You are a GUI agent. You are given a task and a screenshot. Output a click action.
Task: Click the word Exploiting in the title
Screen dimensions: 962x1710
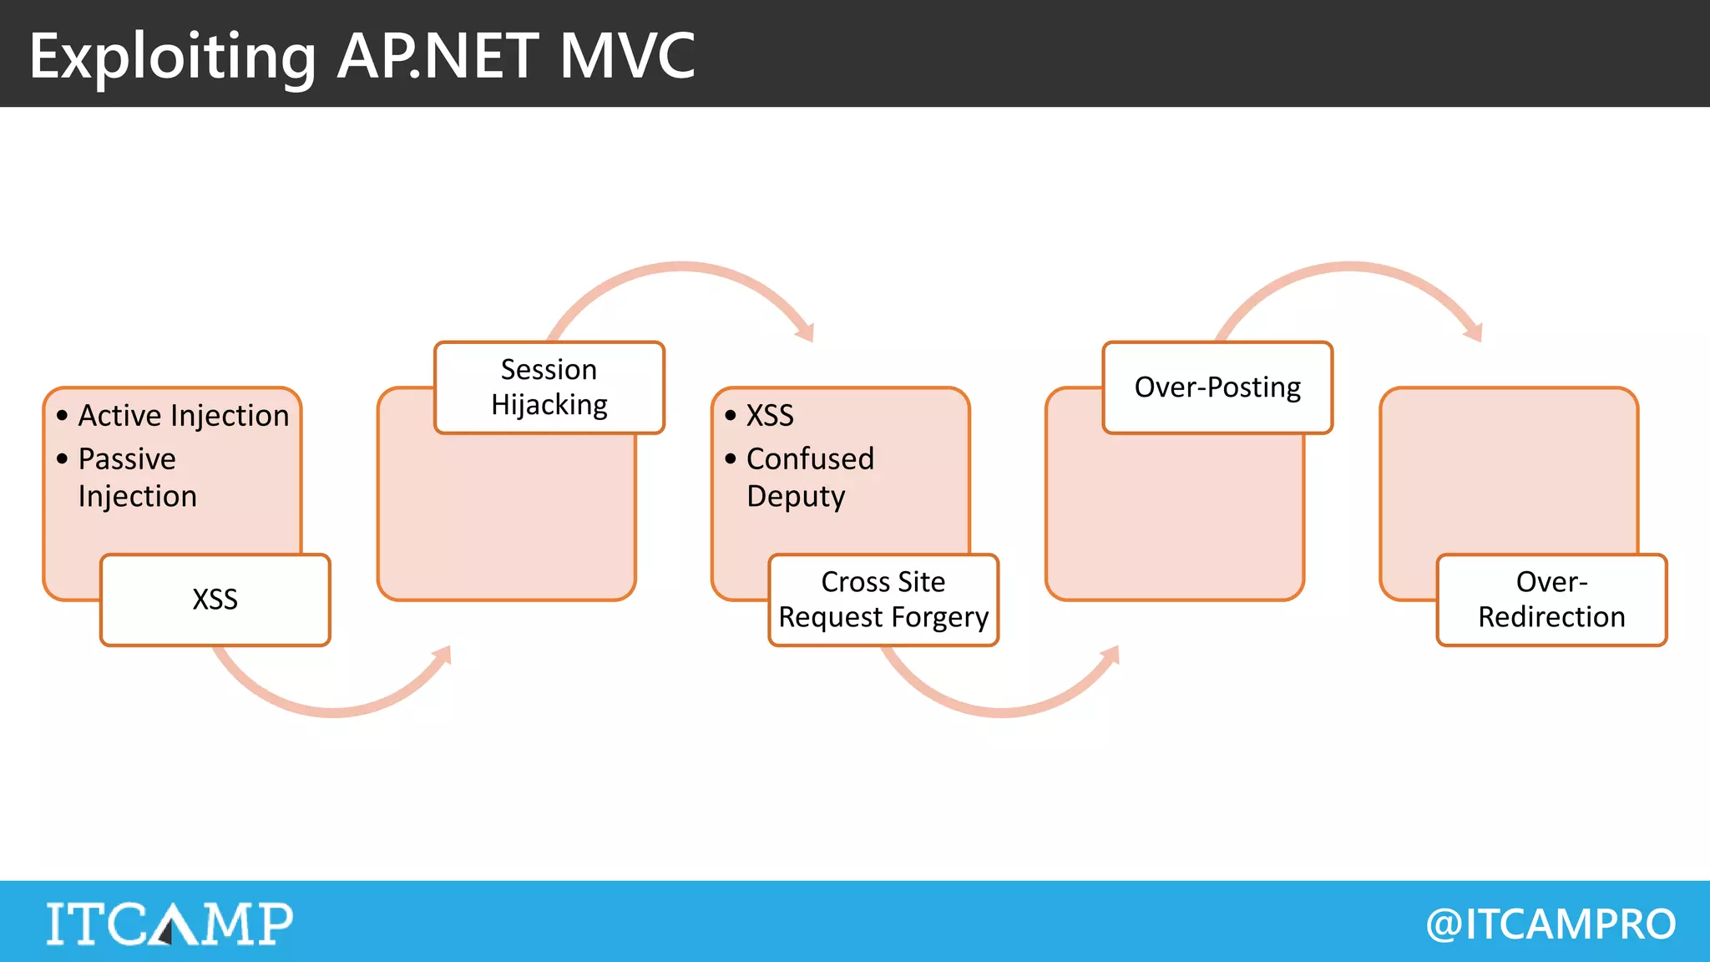(172, 57)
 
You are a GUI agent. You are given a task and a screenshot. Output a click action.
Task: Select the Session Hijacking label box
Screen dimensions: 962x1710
(549, 387)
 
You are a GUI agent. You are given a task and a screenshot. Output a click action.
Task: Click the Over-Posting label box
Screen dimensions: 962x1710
(1217, 387)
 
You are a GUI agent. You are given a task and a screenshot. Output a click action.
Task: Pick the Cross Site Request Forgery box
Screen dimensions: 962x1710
(883, 600)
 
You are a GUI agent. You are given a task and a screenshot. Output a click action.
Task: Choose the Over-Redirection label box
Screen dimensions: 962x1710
(1551, 600)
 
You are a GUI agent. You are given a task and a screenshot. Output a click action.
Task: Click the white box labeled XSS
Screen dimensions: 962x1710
(215, 600)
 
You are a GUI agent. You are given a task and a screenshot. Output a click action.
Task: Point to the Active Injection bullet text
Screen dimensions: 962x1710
(183, 415)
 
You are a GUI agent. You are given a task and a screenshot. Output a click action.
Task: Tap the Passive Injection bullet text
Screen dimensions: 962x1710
(137, 477)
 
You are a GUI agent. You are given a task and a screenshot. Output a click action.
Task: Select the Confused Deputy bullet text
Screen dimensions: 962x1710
(808, 477)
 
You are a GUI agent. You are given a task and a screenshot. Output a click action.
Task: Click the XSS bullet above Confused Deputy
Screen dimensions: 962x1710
(769, 415)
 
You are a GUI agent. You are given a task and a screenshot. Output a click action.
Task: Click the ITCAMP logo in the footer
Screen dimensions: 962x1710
(169, 923)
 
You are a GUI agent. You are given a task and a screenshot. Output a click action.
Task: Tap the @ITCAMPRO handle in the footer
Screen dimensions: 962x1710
(1551, 924)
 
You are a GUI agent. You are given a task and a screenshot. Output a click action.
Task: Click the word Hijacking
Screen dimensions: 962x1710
(549, 405)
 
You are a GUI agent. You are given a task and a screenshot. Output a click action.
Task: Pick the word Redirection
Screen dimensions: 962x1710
(1551, 617)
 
